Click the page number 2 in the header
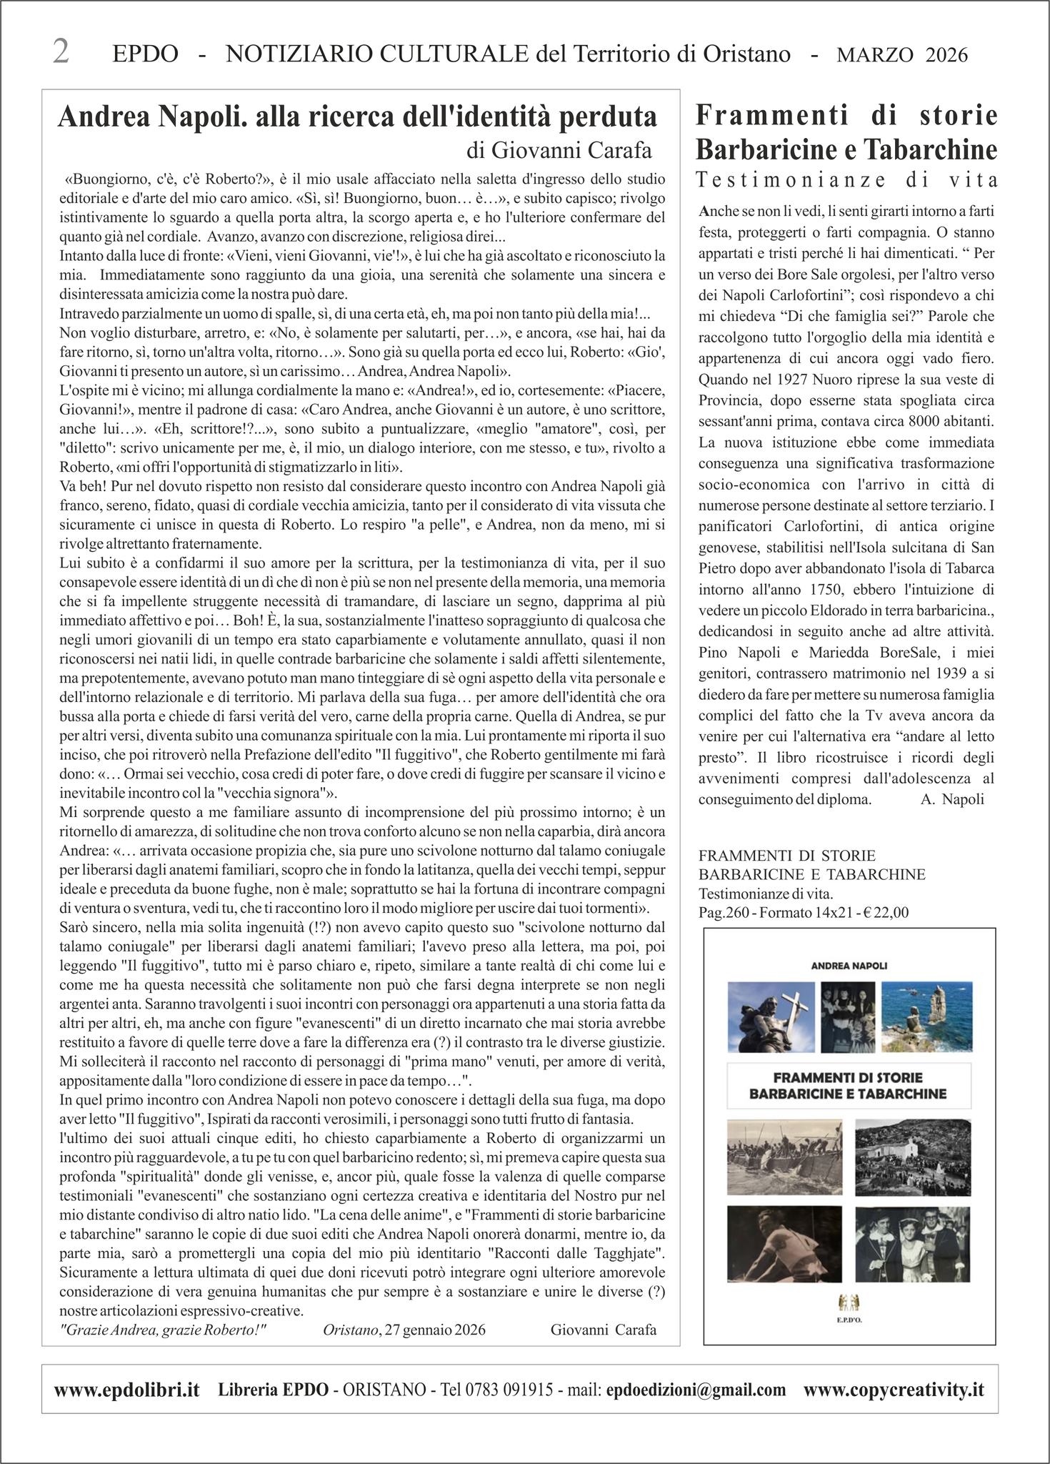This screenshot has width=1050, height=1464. pos(61,53)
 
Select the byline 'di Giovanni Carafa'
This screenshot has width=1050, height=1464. pos(559,150)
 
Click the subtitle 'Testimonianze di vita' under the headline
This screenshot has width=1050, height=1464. pos(846,179)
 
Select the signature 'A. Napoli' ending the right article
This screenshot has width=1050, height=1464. pos(952,799)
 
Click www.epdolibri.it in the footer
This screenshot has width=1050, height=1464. pos(126,1390)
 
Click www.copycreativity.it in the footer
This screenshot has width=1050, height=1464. pos(894,1390)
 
